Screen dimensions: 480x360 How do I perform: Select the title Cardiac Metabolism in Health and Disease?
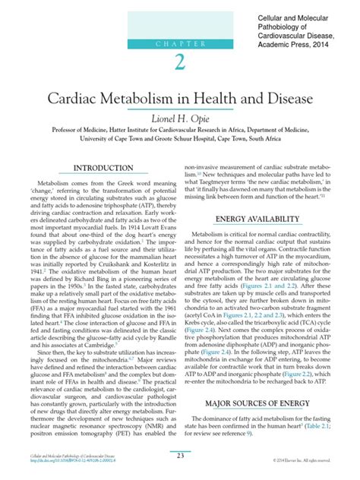(180, 100)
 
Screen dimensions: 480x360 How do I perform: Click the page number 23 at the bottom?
(179, 455)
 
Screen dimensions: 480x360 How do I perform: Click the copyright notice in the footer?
(312, 460)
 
